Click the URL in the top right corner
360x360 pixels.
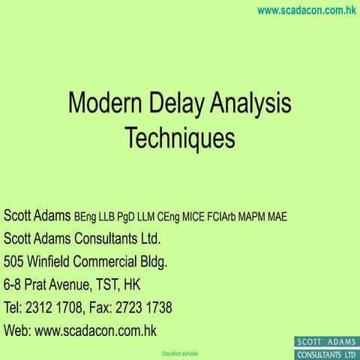tap(305, 10)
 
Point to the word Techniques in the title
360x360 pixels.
tap(180, 138)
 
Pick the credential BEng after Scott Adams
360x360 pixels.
tap(86, 217)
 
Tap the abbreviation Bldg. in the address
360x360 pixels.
tap(151, 262)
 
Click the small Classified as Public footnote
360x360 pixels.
tap(180, 352)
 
